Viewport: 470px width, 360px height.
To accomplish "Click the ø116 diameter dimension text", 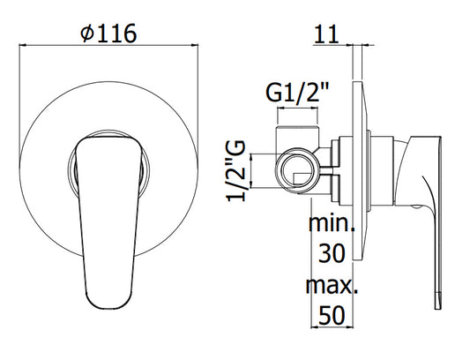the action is (x=108, y=33).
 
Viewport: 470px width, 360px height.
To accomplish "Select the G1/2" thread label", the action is (x=297, y=93).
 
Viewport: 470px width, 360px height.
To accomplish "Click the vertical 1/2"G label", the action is (x=236, y=171).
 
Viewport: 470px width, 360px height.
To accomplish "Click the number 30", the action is (x=332, y=253).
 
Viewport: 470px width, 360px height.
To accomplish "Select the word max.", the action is (x=332, y=285).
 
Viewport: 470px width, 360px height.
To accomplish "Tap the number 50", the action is (x=332, y=315).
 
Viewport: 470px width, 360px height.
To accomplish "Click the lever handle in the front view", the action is (x=108, y=222).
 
